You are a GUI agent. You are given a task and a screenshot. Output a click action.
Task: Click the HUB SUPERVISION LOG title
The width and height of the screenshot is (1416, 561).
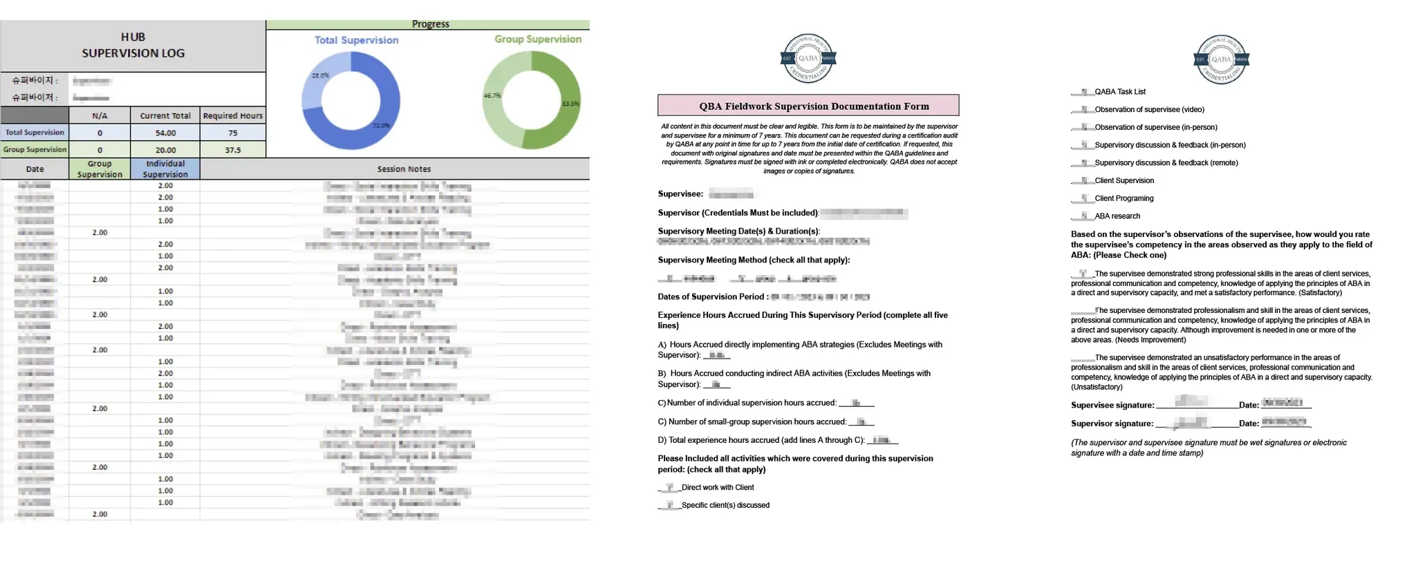point(133,45)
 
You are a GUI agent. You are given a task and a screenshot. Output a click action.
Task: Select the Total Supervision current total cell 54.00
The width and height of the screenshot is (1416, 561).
point(165,133)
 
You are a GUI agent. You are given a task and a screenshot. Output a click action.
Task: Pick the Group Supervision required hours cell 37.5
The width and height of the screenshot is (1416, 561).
point(232,150)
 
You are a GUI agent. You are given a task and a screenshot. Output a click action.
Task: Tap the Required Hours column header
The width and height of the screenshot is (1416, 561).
point(232,115)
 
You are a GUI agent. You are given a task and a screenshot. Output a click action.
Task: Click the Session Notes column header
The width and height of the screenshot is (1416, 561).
point(404,169)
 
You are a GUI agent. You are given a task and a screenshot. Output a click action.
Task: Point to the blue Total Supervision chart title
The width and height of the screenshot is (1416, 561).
point(356,40)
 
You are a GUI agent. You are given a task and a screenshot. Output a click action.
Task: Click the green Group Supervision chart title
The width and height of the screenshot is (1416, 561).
point(537,39)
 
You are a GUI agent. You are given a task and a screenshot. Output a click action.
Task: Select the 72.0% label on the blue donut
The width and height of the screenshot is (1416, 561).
point(381,126)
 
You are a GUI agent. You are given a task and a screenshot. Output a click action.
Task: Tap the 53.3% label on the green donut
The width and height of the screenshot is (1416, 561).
point(570,104)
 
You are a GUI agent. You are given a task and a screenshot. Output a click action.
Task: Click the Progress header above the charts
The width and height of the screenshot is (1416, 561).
point(430,24)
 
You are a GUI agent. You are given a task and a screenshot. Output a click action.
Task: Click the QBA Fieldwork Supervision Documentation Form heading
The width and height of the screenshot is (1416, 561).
point(808,106)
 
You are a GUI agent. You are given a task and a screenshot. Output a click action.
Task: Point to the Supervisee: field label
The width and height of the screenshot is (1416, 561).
point(680,194)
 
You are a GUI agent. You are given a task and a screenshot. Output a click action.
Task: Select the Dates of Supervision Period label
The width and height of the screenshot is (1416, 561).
point(712,297)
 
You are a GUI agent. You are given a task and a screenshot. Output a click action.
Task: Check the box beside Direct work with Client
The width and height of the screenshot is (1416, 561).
point(669,487)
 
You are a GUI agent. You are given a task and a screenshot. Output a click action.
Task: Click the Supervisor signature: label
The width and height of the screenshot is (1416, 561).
point(1112,424)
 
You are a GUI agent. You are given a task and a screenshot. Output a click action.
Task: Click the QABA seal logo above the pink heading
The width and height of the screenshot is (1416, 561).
point(808,58)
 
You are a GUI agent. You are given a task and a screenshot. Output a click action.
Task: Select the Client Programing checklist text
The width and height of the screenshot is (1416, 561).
point(1124,198)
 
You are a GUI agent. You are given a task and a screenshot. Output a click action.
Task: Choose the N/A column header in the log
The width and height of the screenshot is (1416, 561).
point(100,115)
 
